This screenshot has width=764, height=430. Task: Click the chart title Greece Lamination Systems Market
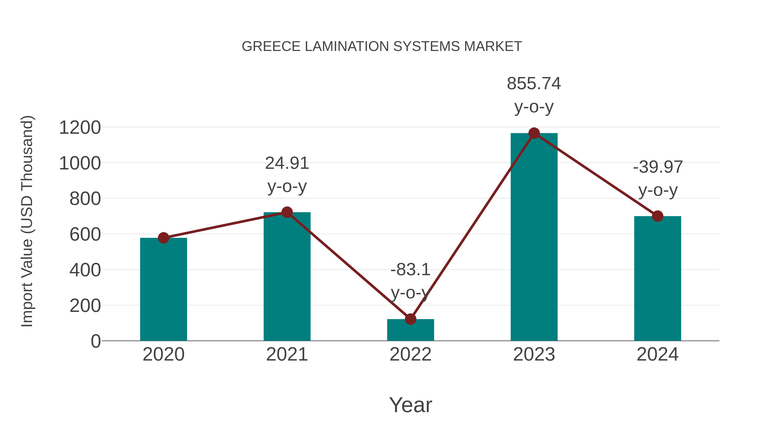382,46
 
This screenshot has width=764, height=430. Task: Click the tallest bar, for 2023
534,237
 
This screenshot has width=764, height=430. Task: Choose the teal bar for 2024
657,279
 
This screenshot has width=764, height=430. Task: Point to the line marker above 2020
163,238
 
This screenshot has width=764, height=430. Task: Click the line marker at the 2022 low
410,319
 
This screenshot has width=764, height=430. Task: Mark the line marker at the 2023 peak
534,133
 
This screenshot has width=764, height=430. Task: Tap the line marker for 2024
657,216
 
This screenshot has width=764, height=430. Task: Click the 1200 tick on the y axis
80,128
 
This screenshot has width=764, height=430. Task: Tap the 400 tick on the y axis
85,270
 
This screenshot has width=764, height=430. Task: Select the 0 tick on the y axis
95,341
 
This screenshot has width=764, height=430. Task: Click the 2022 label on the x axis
410,354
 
